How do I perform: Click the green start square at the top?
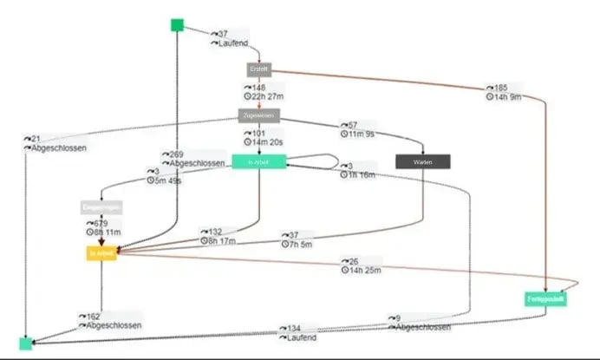[x=177, y=24]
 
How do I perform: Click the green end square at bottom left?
[x=26, y=344]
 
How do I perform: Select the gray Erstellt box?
[x=258, y=69]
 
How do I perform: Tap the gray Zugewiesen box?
[x=258, y=115]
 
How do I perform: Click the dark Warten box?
[x=422, y=161]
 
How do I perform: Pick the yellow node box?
[x=101, y=253]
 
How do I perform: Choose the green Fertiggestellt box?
[x=546, y=299]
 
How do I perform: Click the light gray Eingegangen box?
[x=101, y=207]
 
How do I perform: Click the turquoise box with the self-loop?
[x=258, y=161]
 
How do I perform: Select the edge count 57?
[x=351, y=125]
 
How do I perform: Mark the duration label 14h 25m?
[x=367, y=272]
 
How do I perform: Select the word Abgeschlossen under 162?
[x=112, y=326]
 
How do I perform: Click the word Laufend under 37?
[x=228, y=43]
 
